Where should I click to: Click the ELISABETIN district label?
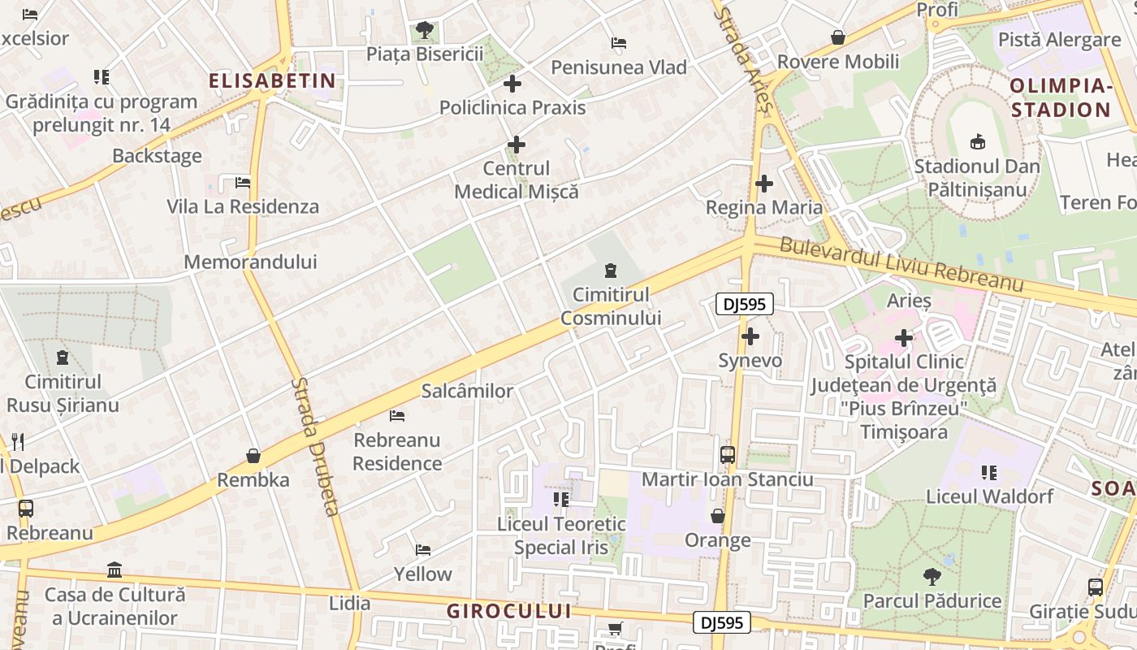pos(272,80)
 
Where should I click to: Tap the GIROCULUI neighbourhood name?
pos(508,611)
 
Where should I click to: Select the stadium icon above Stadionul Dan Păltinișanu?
pos(977,141)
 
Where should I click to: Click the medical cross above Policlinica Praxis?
pos(512,84)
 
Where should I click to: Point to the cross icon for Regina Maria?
pos(763,184)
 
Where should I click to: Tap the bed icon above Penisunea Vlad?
pos(619,43)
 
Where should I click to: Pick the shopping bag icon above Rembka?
pos(253,456)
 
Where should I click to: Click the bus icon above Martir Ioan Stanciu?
pos(728,455)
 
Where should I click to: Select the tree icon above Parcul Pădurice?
pos(932,577)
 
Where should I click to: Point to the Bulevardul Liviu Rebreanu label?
pos(901,264)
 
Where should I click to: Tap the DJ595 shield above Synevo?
pos(745,305)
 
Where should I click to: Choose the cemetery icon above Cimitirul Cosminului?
pos(611,271)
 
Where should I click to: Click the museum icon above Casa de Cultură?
pos(115,570)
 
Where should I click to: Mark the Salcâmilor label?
pos(467,391)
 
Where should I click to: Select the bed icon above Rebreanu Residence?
pos(397,416)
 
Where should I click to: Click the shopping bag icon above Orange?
pos(717,516)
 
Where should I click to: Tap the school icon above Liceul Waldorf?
pos(988,472)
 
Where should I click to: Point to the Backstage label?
pos(158,156)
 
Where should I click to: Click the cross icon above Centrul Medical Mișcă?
pos(517,145)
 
